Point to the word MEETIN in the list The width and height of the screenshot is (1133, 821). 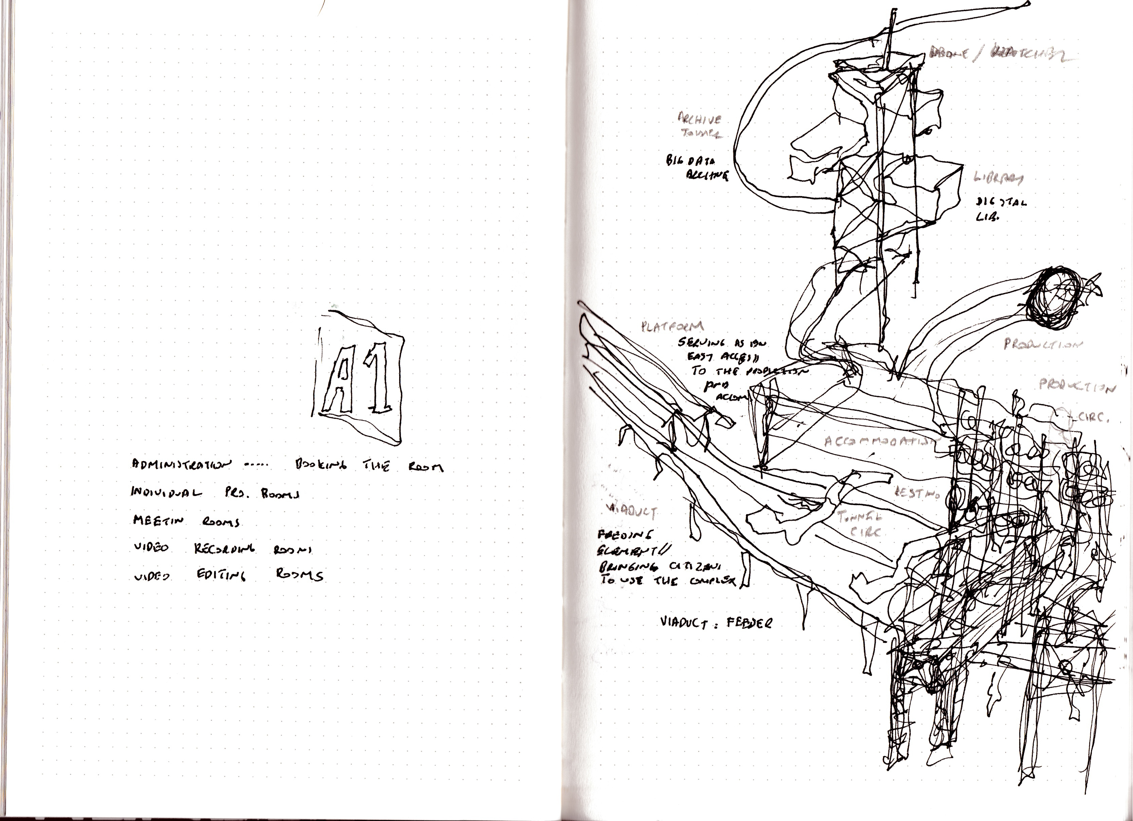158,521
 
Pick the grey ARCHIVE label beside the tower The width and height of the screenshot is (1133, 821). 699,119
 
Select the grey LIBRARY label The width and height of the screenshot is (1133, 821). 997,178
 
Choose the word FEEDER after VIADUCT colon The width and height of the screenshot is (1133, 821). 751,623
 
